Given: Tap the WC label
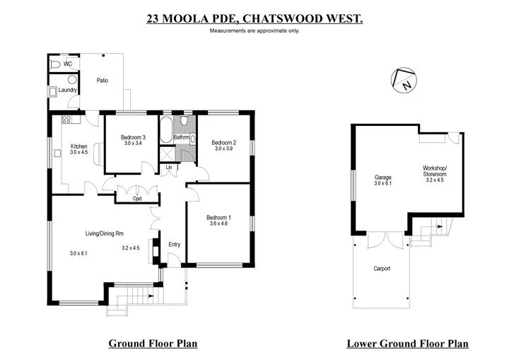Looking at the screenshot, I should (x=68, y=64).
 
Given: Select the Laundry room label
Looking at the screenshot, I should (x=68, y=90).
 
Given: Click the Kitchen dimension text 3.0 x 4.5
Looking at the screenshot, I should (x=78, y=152).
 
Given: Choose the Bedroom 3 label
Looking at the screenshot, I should (x=133, y=137).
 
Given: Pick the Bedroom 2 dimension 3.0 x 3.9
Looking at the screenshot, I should (x=224, y=149).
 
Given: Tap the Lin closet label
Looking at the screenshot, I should (x=168, y=168).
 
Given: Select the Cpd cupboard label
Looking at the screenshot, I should (x=138, y=199).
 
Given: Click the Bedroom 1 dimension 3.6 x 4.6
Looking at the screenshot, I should (x=218, y=223).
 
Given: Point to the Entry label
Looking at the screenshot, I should (x=174, y=245).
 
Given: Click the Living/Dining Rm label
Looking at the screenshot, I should (x=105, y=233).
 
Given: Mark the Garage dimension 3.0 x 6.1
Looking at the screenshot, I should (x=382, y=183).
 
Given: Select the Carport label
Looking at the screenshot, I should (x=382, y=269).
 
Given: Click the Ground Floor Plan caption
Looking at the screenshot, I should (x=153, y=344).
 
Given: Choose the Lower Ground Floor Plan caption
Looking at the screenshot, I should (x=407, y=344).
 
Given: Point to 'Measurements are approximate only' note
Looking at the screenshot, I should (x=255, y=31).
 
